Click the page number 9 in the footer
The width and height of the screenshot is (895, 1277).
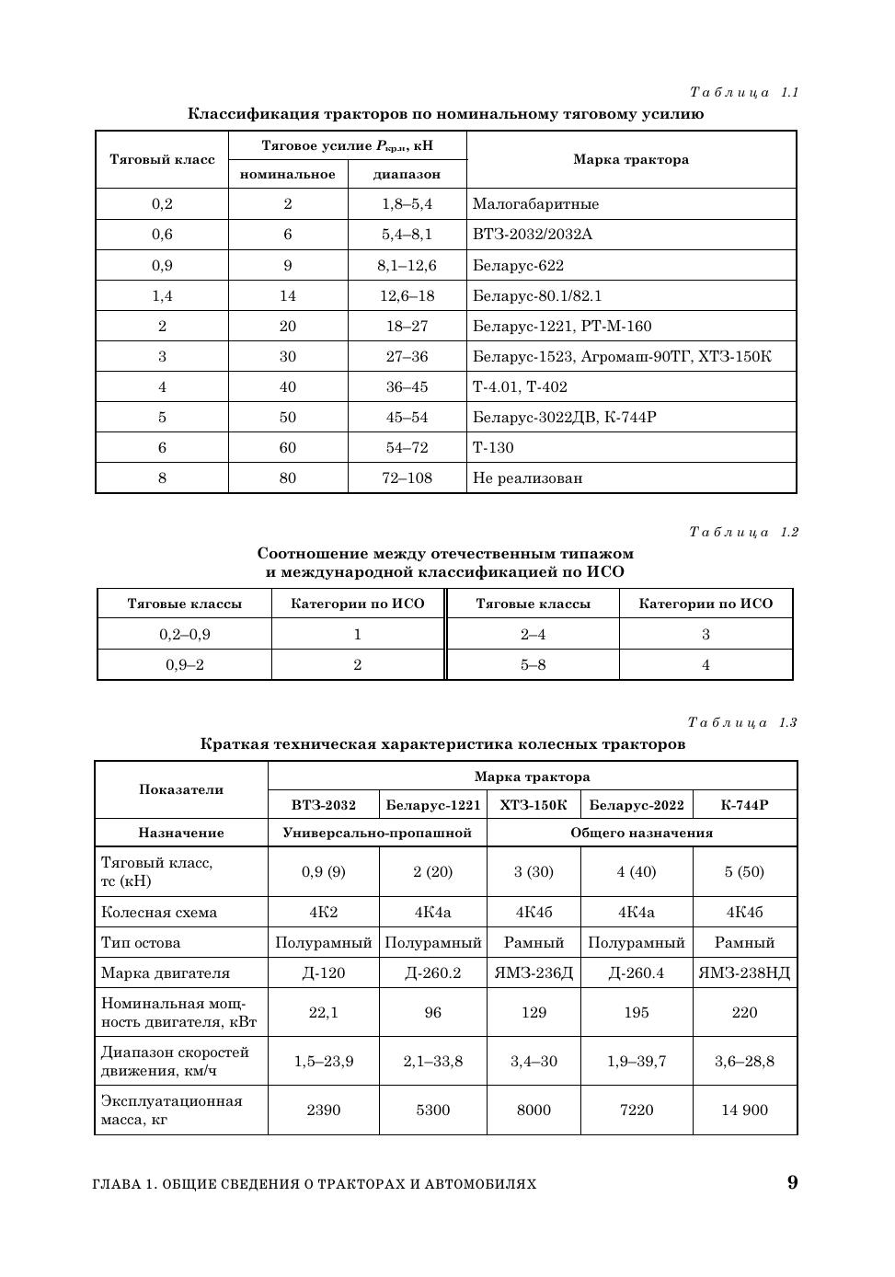[792, 1183]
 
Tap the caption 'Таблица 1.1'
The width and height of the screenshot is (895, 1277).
[743, 92]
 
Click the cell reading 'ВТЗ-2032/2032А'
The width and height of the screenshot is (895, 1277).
[533, 235]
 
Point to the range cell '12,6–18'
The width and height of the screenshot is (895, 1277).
[407, 296]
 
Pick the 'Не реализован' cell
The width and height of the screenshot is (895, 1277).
[527, 478]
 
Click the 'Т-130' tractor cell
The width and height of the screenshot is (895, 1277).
[493, 448]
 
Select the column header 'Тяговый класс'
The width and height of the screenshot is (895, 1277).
[162, 160]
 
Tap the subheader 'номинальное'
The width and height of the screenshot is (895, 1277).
[288, 174]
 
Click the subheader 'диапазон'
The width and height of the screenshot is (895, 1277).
[407, 174]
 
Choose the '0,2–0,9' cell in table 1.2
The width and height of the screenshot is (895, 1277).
[184, 635]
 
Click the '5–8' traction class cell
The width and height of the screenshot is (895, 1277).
[533, 665]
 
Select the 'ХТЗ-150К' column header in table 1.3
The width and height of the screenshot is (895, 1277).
[534, 805]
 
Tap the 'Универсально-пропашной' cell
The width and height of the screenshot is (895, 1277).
[377, 833]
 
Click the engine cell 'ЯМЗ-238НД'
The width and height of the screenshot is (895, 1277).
[744, 973]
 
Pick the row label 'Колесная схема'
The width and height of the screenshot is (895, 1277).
[159, 913]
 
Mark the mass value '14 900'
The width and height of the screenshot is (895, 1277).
[744, 1110]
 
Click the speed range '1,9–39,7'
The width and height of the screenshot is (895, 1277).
[637, 1062]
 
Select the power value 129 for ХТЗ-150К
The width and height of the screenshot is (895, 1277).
[534, 1013]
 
